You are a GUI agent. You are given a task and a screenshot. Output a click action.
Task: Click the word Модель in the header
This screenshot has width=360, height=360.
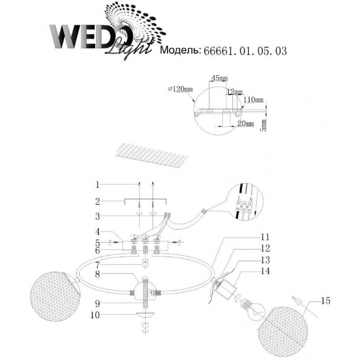[x=180, y=50]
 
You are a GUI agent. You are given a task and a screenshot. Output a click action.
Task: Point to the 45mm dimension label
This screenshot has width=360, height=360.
[x=219, y=78]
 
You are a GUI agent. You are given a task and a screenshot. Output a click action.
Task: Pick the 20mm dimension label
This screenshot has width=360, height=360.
[x=246, y=124]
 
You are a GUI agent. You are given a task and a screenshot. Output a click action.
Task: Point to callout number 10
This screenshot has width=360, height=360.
[x=95, y=314]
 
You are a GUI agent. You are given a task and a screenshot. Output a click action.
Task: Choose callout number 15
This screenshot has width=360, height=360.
[x=323, y=300]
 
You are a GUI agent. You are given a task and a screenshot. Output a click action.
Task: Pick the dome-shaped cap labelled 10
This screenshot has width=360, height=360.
[x=146, y=315]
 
